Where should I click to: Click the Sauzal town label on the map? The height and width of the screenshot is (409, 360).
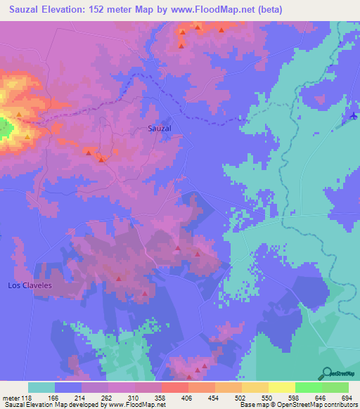pos(160,129)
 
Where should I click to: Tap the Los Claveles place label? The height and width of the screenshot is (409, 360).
pos(30,285)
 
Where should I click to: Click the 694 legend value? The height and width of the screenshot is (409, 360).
pos(348,397)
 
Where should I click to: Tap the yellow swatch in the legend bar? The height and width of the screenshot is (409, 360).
pos(281,387)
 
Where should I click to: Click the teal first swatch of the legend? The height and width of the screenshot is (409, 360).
pos(41,387)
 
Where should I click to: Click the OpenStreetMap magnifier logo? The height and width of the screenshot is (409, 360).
pos(326,372)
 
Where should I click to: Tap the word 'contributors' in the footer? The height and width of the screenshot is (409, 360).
pos(336,405)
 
